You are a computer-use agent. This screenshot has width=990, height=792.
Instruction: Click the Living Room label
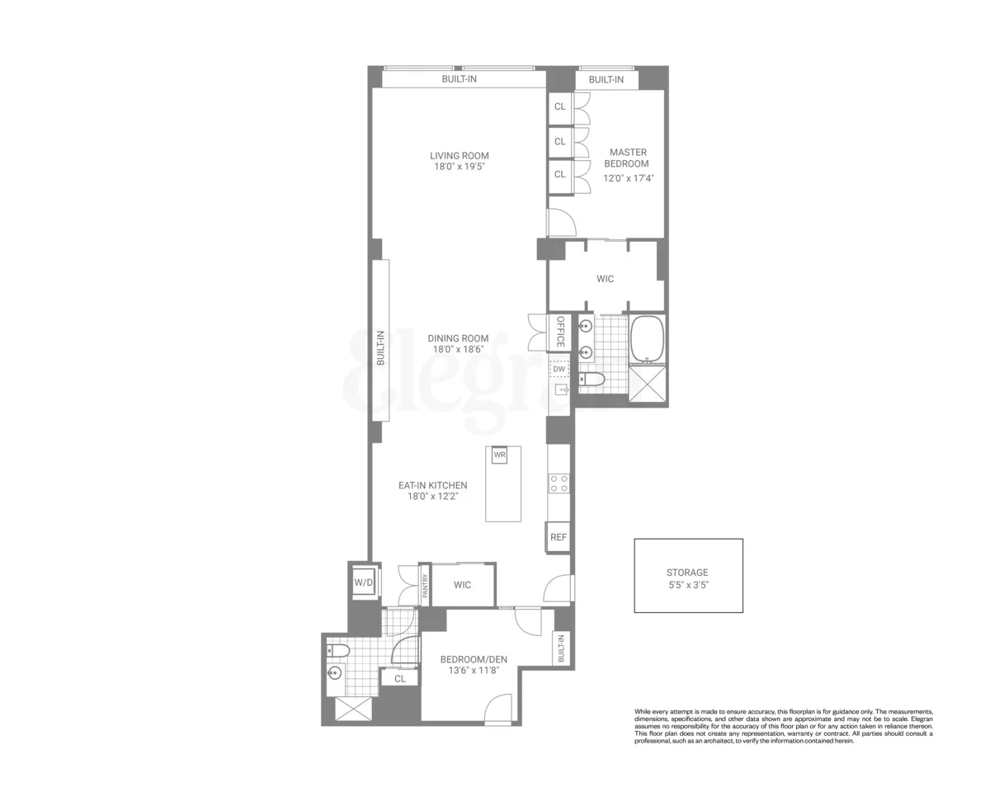coord(459,155)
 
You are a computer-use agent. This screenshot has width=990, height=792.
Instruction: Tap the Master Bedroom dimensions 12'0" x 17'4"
coord(628,177)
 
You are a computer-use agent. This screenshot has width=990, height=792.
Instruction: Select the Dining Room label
coord(458,337)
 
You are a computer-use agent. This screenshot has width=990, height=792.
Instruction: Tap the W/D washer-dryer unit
coord(364,582)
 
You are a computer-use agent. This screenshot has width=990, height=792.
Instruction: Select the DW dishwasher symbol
coord(559,369)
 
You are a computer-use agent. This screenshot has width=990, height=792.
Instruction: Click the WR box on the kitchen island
coord(499,455)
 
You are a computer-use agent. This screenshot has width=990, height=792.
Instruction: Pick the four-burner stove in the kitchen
coord(559,483)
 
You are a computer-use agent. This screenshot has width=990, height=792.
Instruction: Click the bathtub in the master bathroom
coord(647,339)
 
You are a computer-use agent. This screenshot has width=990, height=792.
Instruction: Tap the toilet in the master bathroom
coord(592,379)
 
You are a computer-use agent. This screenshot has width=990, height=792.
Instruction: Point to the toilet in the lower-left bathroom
coord(338,652)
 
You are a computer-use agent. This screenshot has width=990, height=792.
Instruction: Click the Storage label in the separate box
coord(687,572)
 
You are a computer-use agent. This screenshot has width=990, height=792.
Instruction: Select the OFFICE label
coord(560,332)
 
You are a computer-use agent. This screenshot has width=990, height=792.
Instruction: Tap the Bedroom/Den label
coord(473,658)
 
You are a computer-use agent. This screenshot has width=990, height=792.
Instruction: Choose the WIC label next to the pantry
coord(462,585)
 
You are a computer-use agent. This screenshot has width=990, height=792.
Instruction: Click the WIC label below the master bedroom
coord(605,279)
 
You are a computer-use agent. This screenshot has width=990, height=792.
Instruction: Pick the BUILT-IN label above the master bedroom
coord(606,80)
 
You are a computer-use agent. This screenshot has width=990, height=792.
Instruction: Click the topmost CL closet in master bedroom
coord(560,106)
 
